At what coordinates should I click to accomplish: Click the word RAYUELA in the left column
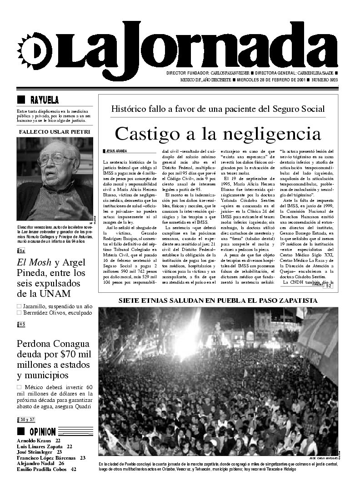click(x=44, y=100)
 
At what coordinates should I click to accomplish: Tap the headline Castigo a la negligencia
click(x=218, y=134)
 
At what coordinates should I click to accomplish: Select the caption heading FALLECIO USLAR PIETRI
click(x=55, y=132)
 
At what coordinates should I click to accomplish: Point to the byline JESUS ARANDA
click(x=115, y=150)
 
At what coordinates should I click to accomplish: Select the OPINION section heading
click(x=42, y=432)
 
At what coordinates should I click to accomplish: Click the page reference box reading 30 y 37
click(x=27, y=419)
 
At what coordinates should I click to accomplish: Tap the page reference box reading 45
click(x=21, y=324)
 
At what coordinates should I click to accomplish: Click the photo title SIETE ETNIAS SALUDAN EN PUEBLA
click(x=218, y=301)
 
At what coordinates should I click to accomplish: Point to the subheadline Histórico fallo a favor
click(x=218, y=109)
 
